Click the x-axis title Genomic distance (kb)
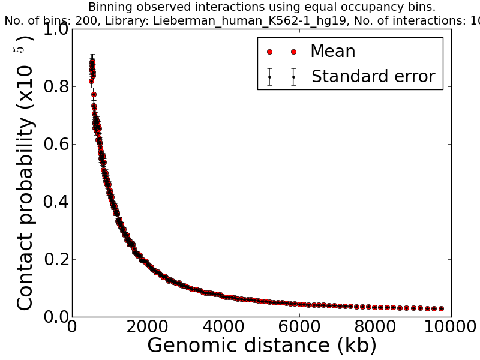262,346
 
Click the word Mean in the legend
332,52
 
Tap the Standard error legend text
373,77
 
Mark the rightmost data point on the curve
442,308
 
